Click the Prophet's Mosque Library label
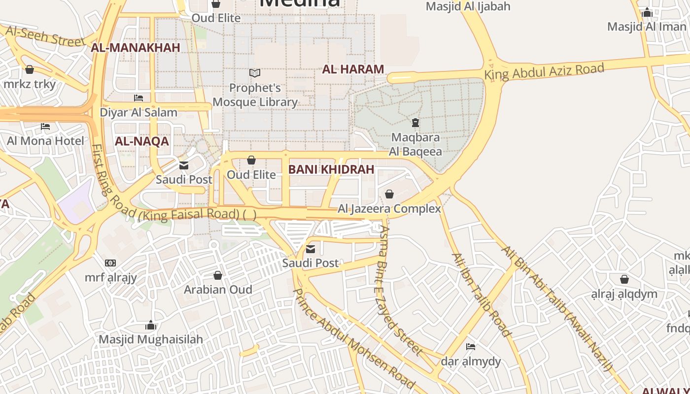[x=255, y=95]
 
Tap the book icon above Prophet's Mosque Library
[x=255, y=73]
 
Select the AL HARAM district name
[x=353, y=69]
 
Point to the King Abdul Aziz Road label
[x=544, y=71]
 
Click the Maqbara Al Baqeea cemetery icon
[x=415, y=122]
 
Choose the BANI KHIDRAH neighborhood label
[x=331, y=169]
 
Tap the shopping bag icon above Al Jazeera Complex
[x=389, y=194]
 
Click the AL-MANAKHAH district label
[x=136, y=48]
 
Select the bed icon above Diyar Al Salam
[x=138, y=98]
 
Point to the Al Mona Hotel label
[x=45, y=141]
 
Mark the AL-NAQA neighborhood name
[x=142, y=141]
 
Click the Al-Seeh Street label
[x=45, y=36]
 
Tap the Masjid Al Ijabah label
[x=468, y=6]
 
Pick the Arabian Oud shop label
[x=218, y=289]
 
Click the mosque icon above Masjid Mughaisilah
[x=151, y=326]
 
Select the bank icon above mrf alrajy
[x=110, y=263]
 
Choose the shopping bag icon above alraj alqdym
[x=624, y=280]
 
